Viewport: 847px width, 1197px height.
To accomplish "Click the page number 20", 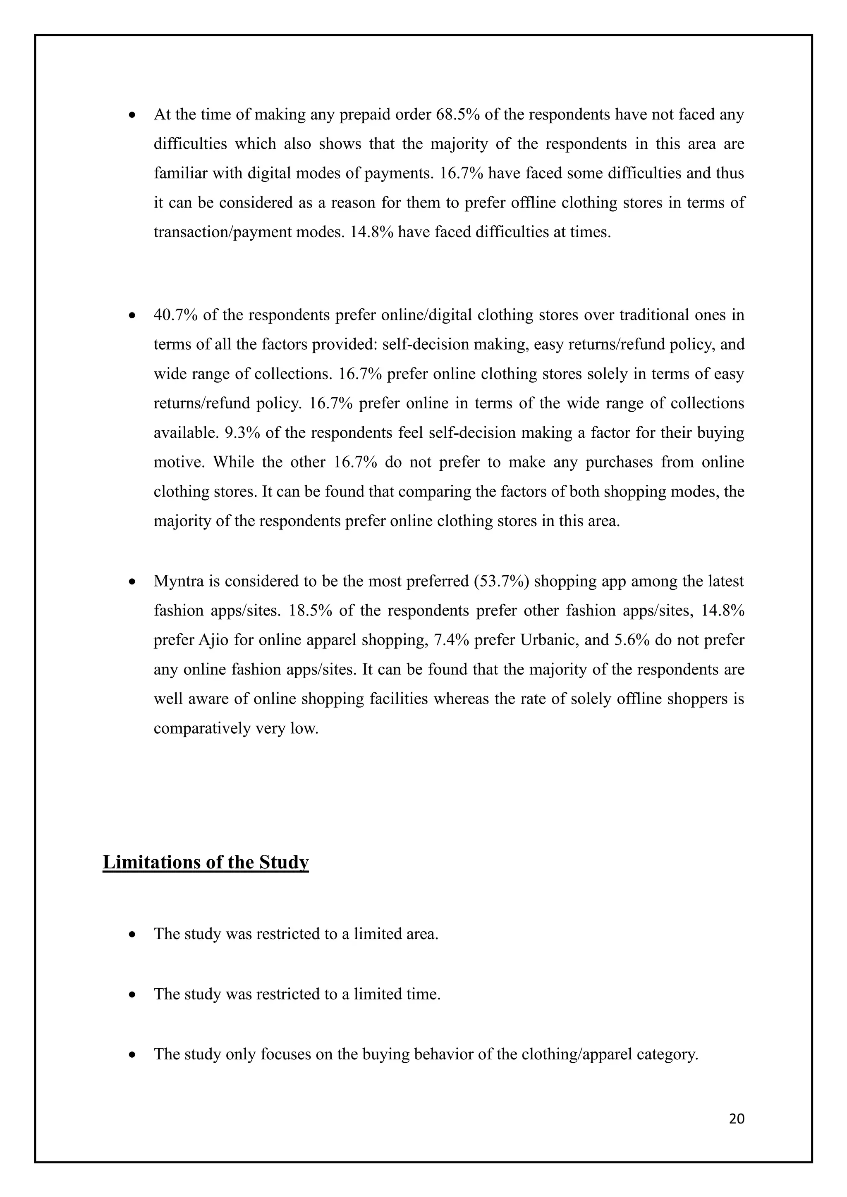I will tap(737, 1118).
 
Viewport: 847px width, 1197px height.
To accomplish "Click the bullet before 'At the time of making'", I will tap(132, 114).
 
